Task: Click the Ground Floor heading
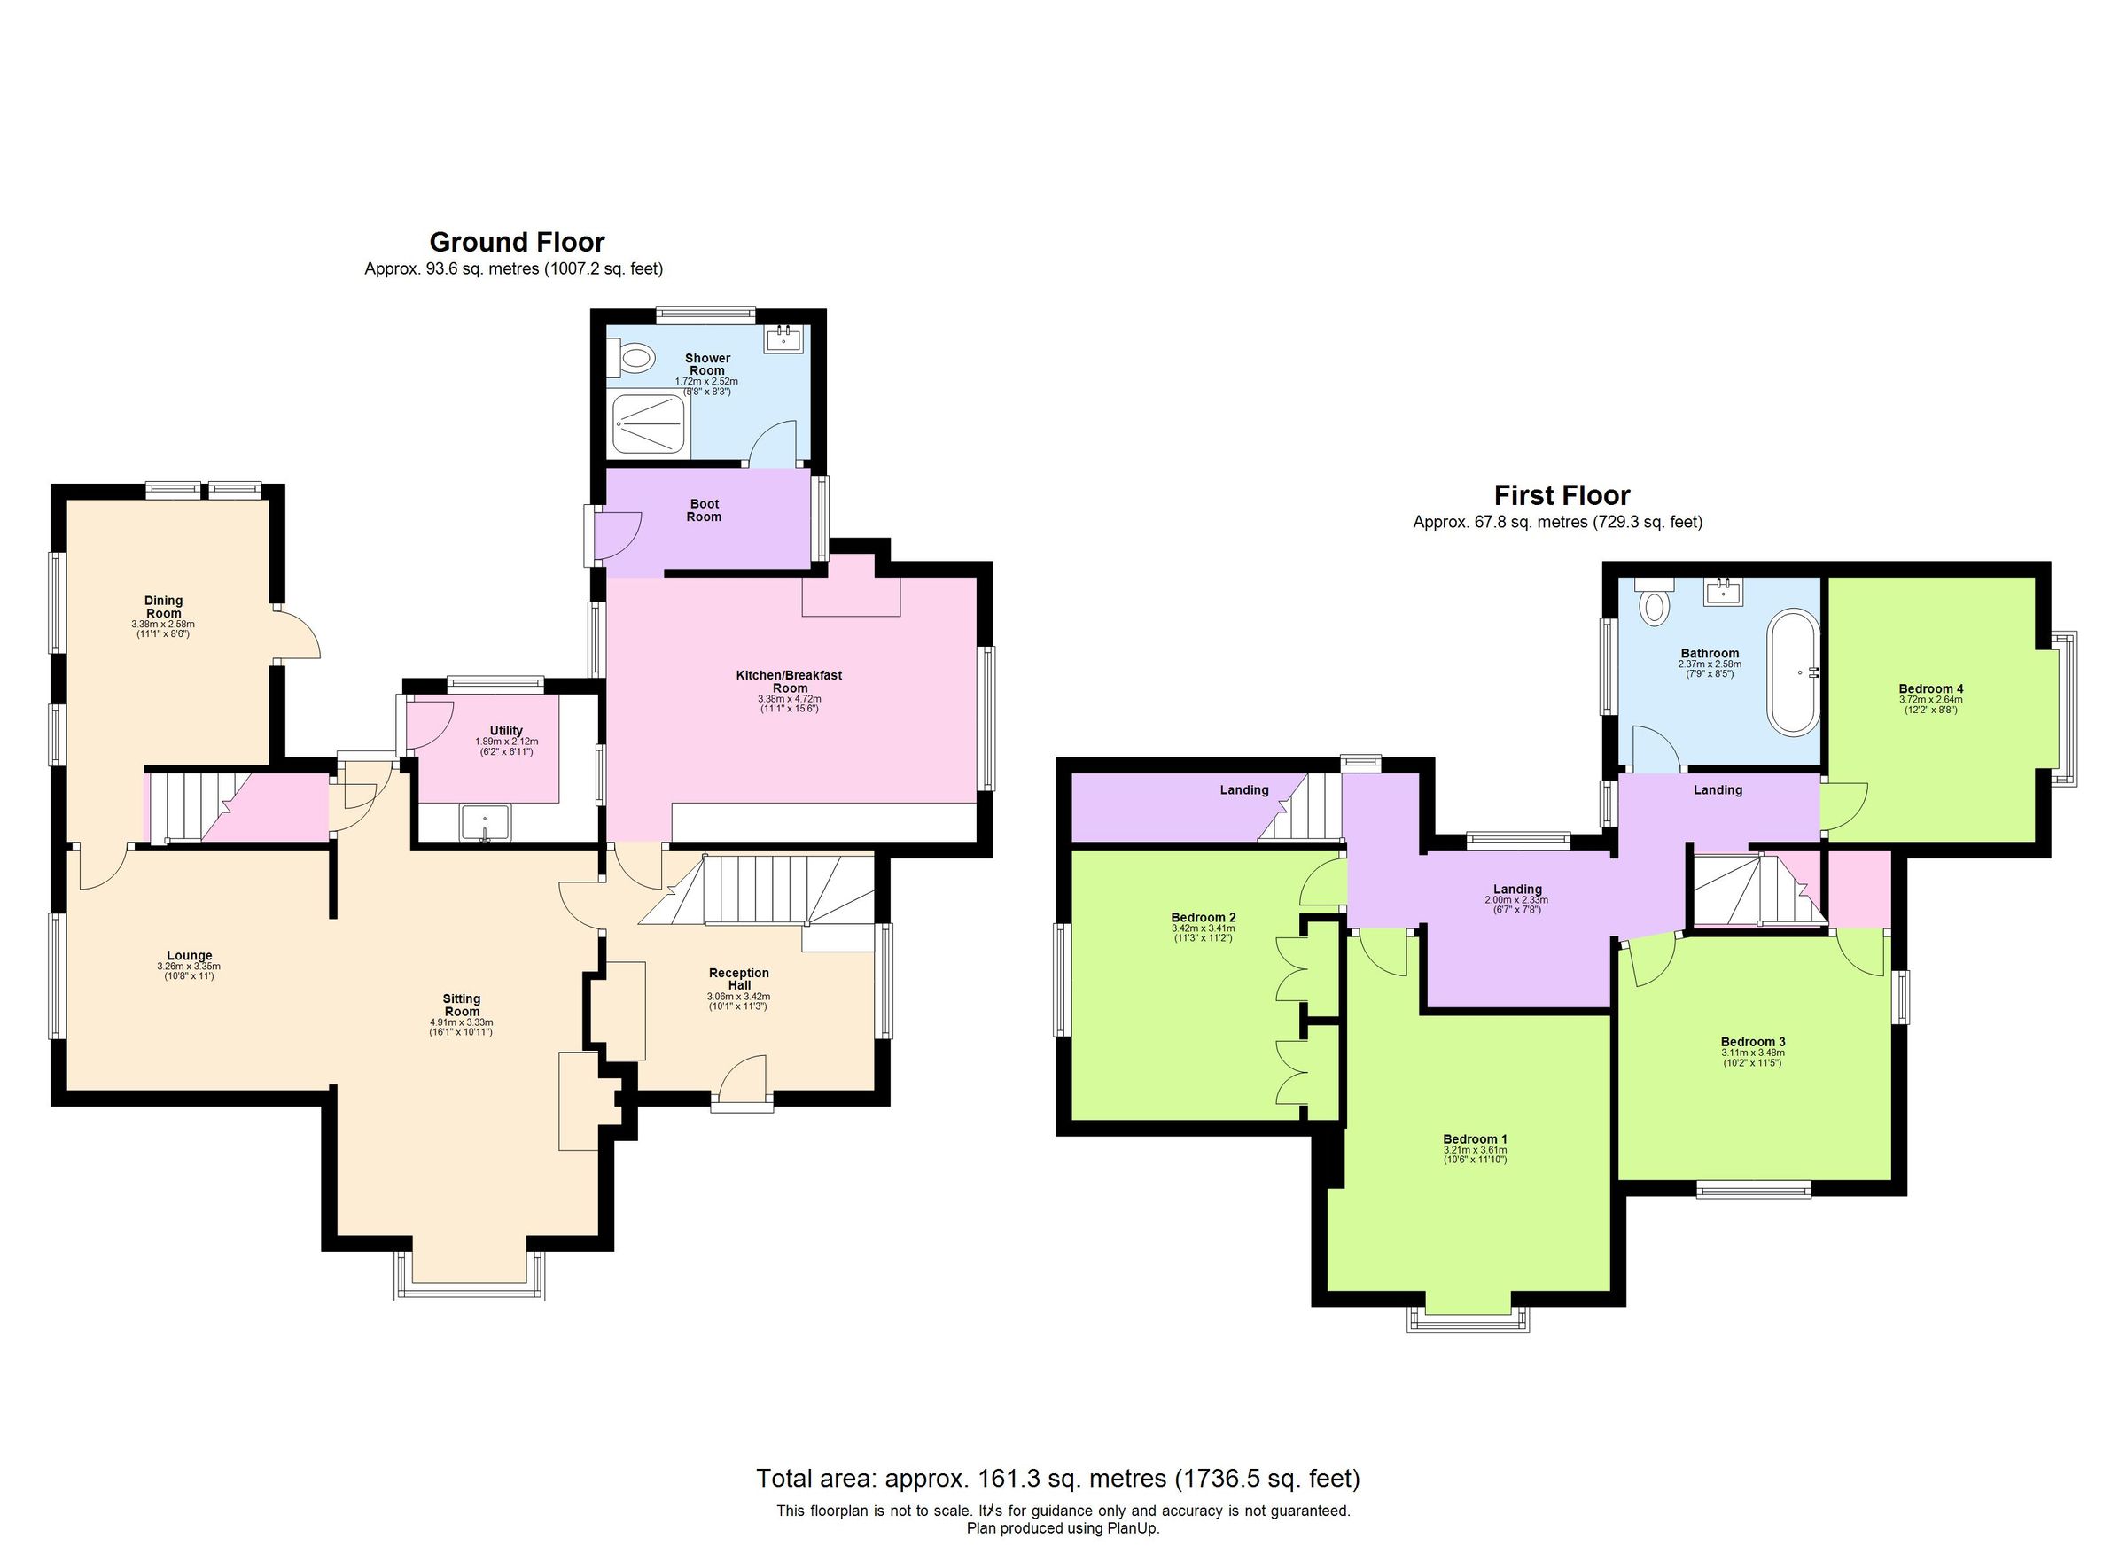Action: [x=517, y=242]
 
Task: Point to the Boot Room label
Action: [x=705, y=510]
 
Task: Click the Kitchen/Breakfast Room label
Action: [x=789, y=680]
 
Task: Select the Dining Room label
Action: [x=163, y=607]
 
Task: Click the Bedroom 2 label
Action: [x=1203, y=917]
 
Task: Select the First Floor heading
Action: [x=1562, y=495]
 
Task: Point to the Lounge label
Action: [x=190, y=956]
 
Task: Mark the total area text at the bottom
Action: [x=1057, y=1479]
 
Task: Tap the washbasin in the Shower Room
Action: [x=783, y=340]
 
